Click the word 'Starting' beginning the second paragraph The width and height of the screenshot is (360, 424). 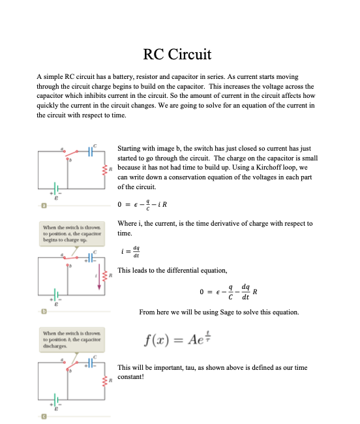[130, 149]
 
